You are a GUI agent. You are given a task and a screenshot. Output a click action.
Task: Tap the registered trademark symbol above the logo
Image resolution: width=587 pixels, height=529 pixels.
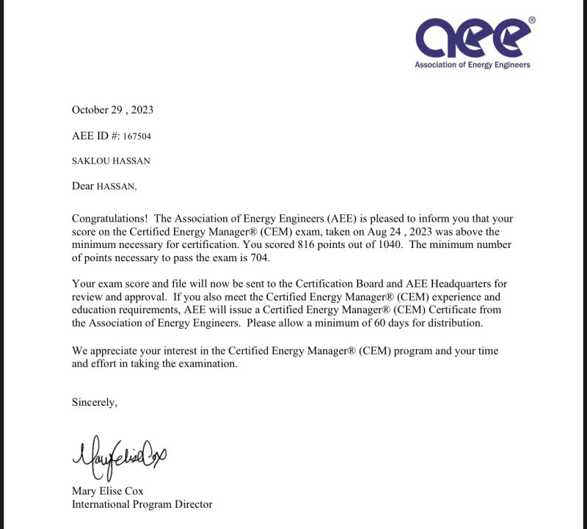coord(532,21)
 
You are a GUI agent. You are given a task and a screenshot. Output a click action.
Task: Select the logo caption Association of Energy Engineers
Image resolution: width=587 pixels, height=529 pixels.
coord(472,65)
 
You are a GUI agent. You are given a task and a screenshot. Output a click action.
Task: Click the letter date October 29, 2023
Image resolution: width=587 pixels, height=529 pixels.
coord(112,110)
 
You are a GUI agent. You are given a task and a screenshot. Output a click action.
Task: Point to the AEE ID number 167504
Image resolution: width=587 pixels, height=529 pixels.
coord(137,136)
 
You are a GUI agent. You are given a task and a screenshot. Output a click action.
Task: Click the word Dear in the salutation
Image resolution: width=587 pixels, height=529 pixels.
coord(83,186)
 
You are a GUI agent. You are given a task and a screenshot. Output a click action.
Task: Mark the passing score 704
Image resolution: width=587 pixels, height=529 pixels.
coord(260,258)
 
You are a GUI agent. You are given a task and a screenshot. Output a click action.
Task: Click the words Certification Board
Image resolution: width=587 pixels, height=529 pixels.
coord(368,283)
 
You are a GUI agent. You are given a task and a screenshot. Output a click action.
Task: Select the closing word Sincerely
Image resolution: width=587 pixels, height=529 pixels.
coord(94,402)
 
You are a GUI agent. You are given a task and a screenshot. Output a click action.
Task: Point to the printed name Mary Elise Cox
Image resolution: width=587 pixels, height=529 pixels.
coord(108,491)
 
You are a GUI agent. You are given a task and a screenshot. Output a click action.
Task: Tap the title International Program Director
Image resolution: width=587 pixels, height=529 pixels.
coord(142,504)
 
